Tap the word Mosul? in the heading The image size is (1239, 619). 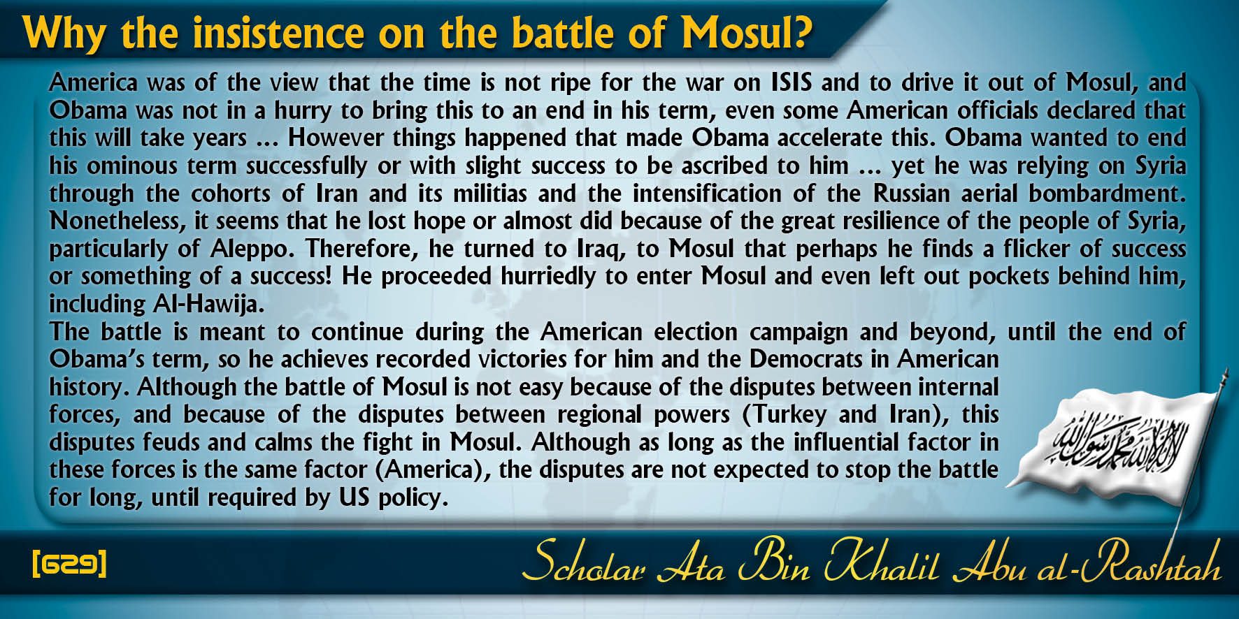click(x=747, y=33)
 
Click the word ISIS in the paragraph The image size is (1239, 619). click(x=792, y=82)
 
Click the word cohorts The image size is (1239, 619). click(x=231, y=194)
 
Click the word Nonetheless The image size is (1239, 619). click(x=115, y=221)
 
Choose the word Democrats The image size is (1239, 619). click(x=806, y=360)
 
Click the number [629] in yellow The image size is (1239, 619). click(x=69, y=563)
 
